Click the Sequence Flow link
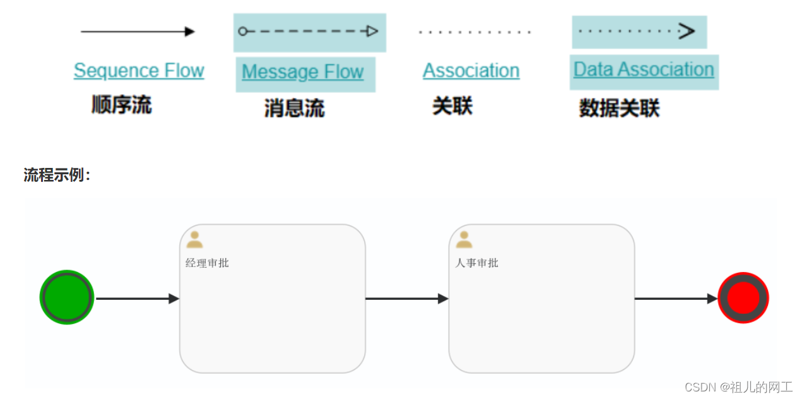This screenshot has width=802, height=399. (x=139, y=71)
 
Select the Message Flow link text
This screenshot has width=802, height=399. (x=303, y=72)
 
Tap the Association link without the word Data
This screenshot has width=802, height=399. (x=471, y=71)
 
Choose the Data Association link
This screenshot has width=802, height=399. (x=644, y=69)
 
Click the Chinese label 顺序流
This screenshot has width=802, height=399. (x=122, y=105)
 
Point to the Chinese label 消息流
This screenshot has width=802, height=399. (x=294, y=108)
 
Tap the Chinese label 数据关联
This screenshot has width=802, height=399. (x=619, y=108)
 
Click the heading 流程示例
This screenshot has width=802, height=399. (x=57, y=175)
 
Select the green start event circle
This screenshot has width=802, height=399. (x=67, y=297)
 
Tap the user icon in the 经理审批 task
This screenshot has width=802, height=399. (x=194, y=239)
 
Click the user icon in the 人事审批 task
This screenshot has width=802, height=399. (x=464, y=239)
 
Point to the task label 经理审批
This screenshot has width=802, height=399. (x=207, y=263)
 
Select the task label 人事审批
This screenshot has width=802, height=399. (x=476, y=263)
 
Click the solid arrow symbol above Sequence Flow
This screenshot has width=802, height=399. (x=138, y=32)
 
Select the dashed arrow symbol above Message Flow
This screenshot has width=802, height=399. (x=309, y=32)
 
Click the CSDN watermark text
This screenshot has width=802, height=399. (x=738, y=387)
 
